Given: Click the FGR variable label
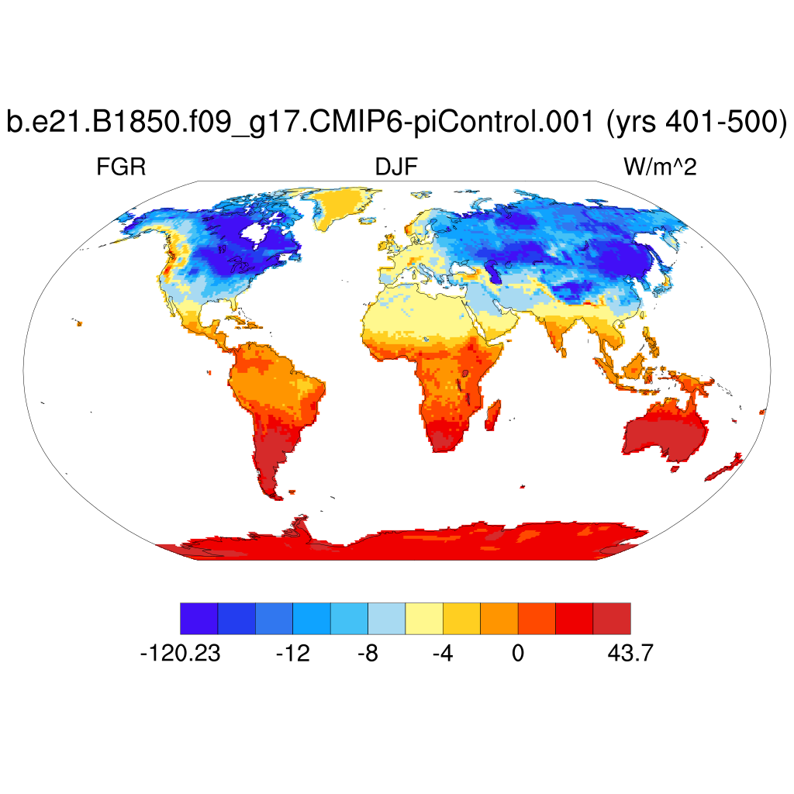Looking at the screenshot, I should point(121,167).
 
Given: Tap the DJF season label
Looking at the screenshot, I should point(397,167).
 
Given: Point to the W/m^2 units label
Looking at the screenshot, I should point(660,167).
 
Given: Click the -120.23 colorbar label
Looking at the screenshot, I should point(180,654).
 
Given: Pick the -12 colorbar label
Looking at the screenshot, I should point(293,654).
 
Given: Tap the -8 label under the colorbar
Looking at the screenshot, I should point(368,654).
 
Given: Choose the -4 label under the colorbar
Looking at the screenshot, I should point(442,654).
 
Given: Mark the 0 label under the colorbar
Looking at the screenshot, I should point(517,654).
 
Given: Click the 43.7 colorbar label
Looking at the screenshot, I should point(630,654).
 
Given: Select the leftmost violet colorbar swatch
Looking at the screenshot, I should point(198,618).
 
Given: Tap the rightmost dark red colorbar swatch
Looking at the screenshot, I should point(612,618).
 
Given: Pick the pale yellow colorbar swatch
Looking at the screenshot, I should point(424,618).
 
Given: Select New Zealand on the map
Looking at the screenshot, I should point(723,470).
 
